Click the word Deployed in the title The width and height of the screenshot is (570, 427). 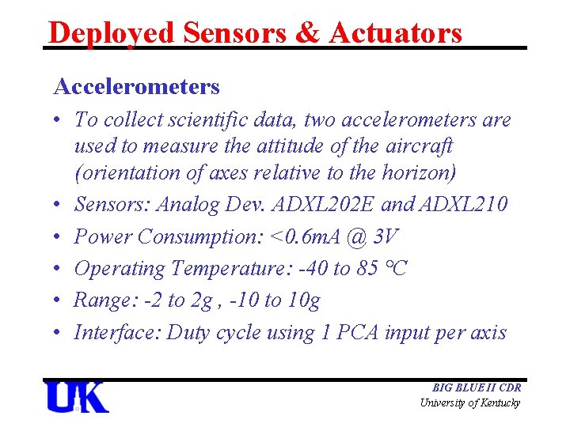[x=110, y=32]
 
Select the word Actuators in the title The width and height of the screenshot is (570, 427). [x=395, y=32]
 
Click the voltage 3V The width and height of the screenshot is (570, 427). [x=386, y=236]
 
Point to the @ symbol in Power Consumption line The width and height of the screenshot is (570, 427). [x=358, y=236]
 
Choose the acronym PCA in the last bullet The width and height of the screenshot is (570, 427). [x=356, y=332]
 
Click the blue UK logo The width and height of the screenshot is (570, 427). [x=76, y=397]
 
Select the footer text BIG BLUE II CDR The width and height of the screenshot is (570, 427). [x=476, y=388]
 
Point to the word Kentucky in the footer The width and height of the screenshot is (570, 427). [x=496, y=403]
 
